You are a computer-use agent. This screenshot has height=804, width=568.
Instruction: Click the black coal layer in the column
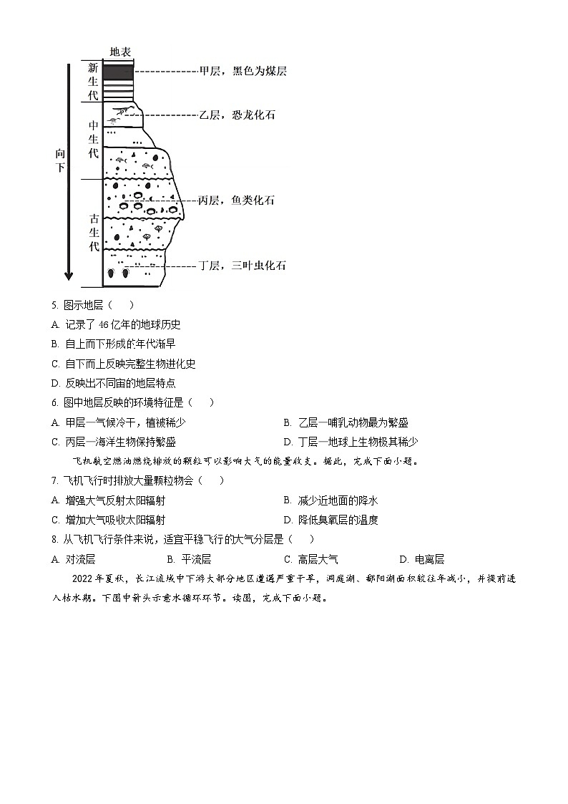point(118,72)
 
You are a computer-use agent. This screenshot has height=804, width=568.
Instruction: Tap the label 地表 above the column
point(120,52)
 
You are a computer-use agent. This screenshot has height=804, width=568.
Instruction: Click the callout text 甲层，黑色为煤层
point(243,72)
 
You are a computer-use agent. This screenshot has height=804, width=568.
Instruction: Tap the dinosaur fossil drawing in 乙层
point(124,111)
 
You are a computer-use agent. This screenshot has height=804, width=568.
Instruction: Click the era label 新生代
point(93,81)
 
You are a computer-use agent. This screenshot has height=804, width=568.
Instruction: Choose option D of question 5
point(114,383)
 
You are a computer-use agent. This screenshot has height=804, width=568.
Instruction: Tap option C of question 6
point(114,442)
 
